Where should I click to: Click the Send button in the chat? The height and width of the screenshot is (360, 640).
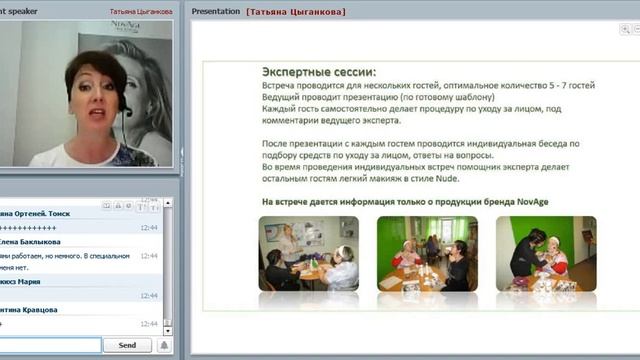point(127,345)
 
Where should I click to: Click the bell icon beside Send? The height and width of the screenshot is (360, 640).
point(164,345)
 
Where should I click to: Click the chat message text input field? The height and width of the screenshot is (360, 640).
point(50,345)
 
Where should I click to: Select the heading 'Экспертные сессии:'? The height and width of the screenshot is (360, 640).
point(319,73)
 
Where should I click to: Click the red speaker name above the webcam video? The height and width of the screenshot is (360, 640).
point(140,12)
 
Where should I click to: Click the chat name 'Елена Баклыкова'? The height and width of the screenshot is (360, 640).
point(29,241)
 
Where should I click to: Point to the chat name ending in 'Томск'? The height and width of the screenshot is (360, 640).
point(35,214)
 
